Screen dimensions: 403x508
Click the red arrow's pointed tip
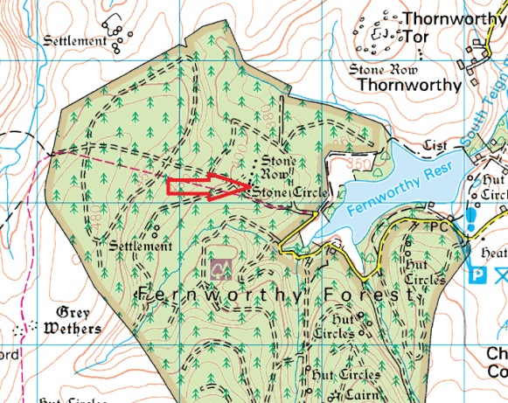pyautogui.click(x=252, y=186)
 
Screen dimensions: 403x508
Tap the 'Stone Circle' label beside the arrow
pyautogui.click(x=291, y=192)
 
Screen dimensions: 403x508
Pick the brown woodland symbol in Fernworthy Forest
pyautogui.click(x=220, y=268)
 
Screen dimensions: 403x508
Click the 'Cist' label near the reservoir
pyautogui.click(x=435, y=144)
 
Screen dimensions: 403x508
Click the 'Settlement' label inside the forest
pyautogui.click(x=141, y=247)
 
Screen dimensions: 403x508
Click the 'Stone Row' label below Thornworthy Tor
pyautogui.click(x=385, y=68)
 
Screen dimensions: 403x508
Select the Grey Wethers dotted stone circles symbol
pyautogui.click(x=24, y=329)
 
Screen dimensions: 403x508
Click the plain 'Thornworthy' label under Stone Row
pyautogui.click(x=410, y=85)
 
